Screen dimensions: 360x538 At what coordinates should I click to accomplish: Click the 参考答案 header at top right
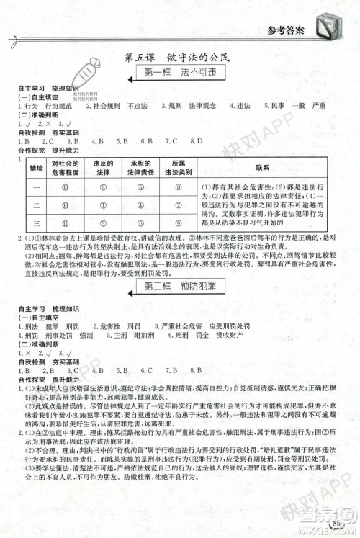coord(287,30)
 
